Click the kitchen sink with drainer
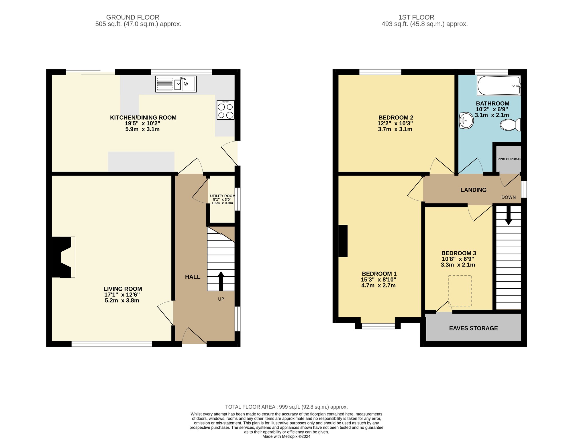[x=176, y=84]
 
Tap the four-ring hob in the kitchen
[x=225, y=110]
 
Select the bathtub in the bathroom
[x=499, y=86]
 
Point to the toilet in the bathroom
[x=511, y=125]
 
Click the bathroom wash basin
[x=466, y=121]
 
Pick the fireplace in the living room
[x=63, y=257]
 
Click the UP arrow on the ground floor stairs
[x=221, y=281]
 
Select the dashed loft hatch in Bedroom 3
[x=460, y=291]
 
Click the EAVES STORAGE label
[x=473, y=328]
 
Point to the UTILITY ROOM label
[x=223, y=196]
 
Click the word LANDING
[x=473, y=190]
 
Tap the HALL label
[x=193, y=277]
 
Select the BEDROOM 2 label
[x=396, y=118]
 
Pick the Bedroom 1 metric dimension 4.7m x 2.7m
[x=378, y=285]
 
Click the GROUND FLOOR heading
[x=133, y=18]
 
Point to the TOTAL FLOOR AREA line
[x=286, y=407]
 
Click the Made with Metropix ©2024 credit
[x=286, y=436]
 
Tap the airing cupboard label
[x=509, y=159]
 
